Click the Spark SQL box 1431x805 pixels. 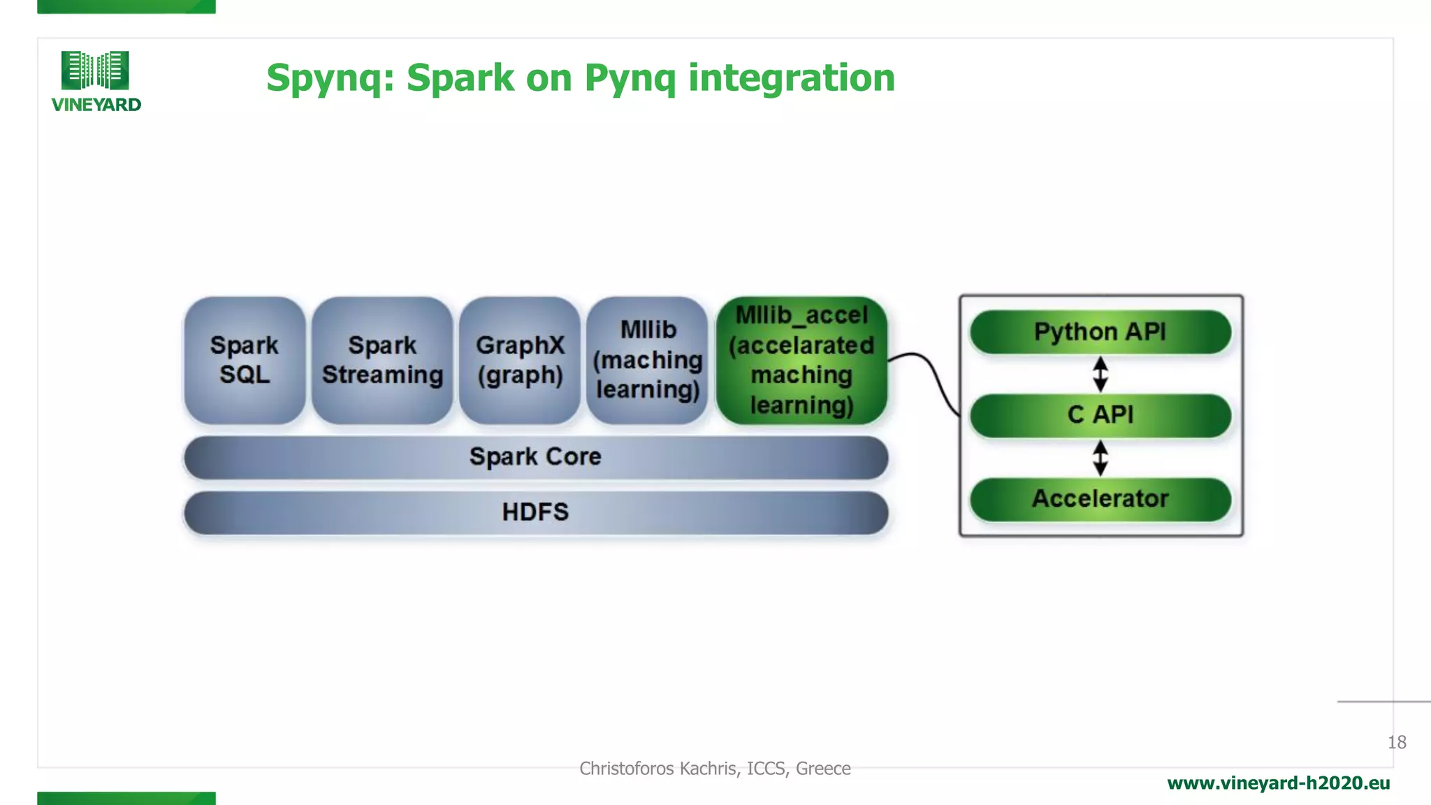coord(245,360)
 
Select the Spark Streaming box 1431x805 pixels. coord(382,360)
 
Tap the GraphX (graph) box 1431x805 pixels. coord(520,360)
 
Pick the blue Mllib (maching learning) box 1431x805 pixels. coord(648,360)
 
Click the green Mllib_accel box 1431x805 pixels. coord(801,360)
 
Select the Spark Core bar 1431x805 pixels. coord(535,457)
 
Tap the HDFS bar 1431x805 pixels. coord(535,512)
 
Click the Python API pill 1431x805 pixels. coord(1100,332)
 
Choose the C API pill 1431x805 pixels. coord(1100,415)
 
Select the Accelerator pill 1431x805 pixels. coord(1100,499)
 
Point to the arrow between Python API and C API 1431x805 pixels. coord(1100,374)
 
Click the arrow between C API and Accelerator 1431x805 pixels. coord(1100,458)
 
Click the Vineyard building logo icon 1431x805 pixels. coord(95,70)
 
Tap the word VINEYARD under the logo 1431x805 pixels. coord(96,105)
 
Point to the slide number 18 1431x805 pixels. coord(1396,742)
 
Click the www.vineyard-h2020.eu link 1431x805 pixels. coord(1278,783)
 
